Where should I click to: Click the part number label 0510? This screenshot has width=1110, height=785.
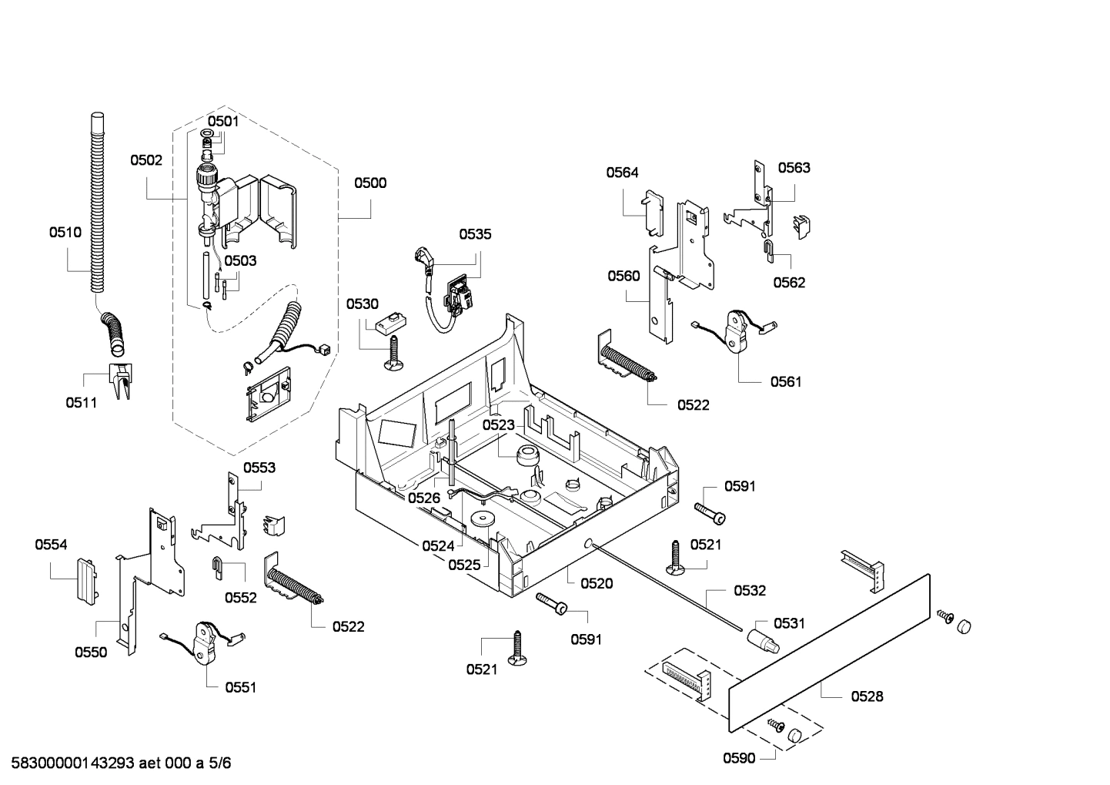click(x=65, y=232)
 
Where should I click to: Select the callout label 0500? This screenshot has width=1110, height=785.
click(x=370, y=183)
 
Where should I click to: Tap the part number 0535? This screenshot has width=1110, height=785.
click(x=475, y=234)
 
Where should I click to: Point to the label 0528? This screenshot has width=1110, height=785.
click(x=867, y=696)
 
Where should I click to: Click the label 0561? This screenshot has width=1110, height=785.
click(x=786, y=381)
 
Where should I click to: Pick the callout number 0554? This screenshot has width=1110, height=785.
click(x=51, y=545)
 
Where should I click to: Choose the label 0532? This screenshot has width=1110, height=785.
click(x=750, y=590)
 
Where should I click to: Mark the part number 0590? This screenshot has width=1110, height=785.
click(x=739, y=758)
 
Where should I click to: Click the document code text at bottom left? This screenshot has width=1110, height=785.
click(x=116, y=763)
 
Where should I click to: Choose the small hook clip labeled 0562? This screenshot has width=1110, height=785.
click(x=769, y=247)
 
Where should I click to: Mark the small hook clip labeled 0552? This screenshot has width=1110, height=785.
click(x=218, y=565)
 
